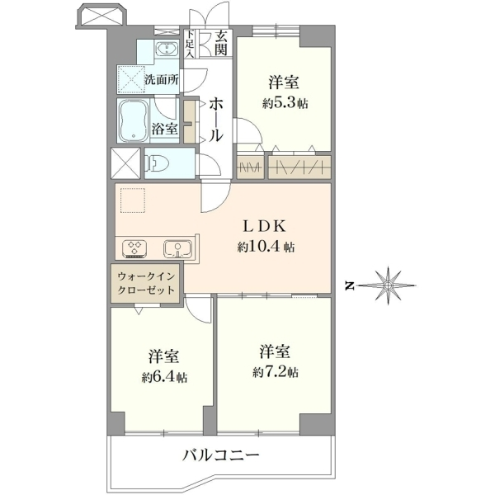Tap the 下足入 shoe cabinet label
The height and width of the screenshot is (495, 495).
pos(190,44)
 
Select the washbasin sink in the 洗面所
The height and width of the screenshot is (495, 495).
pos(167,49)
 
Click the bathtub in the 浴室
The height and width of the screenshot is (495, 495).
pos(134,120)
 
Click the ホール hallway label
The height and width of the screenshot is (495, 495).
pos(216,119)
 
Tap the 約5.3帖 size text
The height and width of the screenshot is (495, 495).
pos(285,103)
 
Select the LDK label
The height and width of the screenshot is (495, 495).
pos(265,226)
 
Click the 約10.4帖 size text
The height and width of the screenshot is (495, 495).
pos(266,247)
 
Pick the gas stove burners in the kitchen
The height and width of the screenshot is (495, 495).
pos(134,248)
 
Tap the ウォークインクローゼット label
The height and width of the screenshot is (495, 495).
pos(146,283)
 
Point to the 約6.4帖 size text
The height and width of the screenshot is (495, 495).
pos(164,377)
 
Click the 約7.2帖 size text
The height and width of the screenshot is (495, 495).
pos(276,372)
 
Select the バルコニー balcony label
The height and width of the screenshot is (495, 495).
pos(221,455)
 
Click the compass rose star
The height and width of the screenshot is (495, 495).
pos(388,285)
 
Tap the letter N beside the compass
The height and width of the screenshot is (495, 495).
pos(349,286)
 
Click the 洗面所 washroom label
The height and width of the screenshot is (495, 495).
pos(162,79)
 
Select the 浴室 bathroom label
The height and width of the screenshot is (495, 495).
pos(164,129)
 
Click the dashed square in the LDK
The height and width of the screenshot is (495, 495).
pos(133,200)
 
